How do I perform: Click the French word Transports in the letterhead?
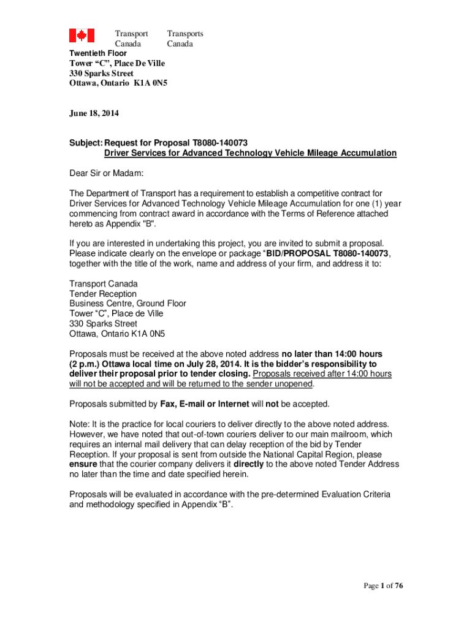tap(185, 34)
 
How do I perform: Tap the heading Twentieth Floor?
tap(98, 53)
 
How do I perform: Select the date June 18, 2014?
tap(94, 113)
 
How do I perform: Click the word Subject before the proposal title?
tap(85, 142)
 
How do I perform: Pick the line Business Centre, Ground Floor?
tap(128, 304)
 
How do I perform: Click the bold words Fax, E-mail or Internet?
tap(205, 404)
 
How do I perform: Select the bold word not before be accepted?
tap(272, 404)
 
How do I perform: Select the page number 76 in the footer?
tap(398, 586)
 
